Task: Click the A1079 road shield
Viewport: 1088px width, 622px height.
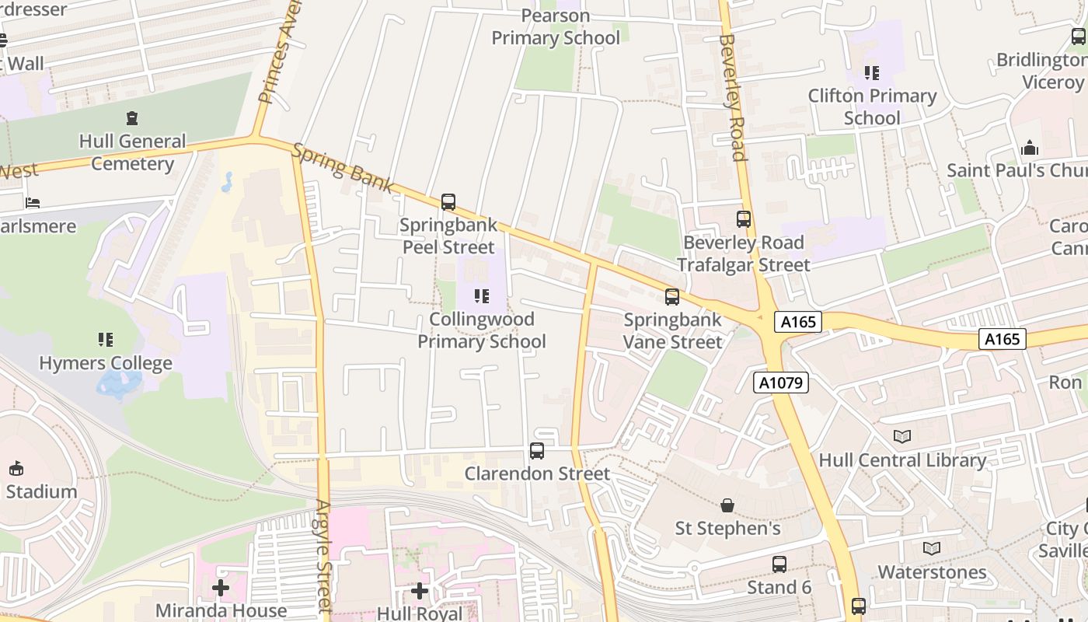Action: tap(781, 383)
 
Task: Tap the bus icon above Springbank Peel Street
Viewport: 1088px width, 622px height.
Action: tap(448, 202)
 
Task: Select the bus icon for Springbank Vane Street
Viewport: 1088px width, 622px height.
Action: tap(672, 297)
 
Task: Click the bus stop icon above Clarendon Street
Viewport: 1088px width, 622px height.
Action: tap(537, 451)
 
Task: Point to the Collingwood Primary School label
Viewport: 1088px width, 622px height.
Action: tap(482, 330)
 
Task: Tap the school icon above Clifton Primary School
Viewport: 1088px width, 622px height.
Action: tap(872, 73)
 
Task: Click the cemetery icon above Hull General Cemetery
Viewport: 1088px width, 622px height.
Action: tap(132, 119)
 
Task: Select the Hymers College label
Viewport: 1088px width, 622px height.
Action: tap(106, 363)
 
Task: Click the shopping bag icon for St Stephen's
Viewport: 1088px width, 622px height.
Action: tap(727, 506)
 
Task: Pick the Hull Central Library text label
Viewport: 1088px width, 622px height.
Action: tap(902, 460)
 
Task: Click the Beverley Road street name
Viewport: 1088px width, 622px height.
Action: tap(732, 96)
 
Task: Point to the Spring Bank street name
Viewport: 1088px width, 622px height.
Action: tap(343, 168)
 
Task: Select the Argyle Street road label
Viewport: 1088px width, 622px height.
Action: tap(324, 556)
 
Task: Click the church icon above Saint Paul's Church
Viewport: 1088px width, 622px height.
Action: tap(1030, 148)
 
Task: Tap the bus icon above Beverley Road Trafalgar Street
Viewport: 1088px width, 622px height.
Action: tap(744, 219)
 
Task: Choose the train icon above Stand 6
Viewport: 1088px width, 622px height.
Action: tap(779, 564)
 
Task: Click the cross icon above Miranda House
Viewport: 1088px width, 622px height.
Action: tap(221, 588)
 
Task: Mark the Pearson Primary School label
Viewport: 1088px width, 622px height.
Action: tap(556, 26)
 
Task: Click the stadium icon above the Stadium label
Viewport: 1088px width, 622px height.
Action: tap(16, 468)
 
